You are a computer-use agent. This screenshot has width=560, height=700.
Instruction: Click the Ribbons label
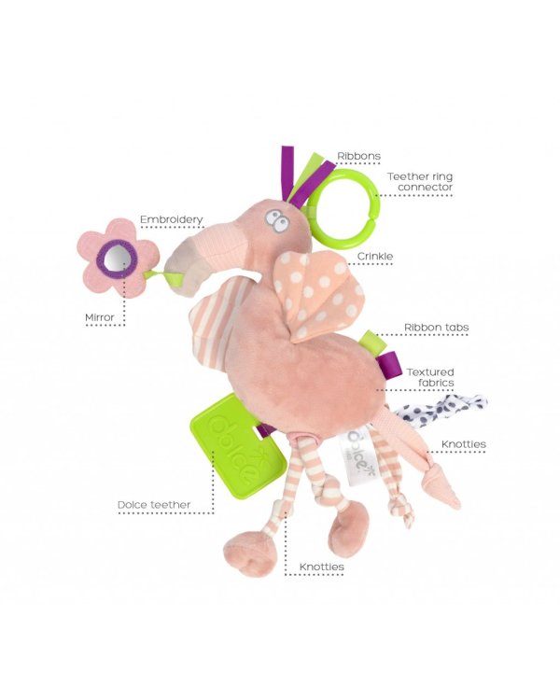[x=358, y=156]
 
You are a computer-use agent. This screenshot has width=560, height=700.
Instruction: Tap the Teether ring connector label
[x=420, y=182]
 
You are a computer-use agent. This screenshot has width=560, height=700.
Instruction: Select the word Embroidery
[x=172, y=219]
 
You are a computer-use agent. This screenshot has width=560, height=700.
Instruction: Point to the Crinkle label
[x=375, y=257]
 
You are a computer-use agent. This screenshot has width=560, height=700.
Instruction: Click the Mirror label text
[x=100, y=317]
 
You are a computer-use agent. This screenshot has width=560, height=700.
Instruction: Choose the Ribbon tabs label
[x=436, y=328]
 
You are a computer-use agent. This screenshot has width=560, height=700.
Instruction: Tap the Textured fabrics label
[x=430, y=377]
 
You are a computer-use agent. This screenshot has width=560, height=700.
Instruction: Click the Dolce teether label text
[x=154, y=505]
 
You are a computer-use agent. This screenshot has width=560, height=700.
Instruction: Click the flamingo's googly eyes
[x=277, y=220]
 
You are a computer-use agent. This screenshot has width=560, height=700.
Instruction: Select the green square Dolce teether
[x=239, y=445]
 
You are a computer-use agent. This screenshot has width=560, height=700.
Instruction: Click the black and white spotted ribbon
[x=441, y=410]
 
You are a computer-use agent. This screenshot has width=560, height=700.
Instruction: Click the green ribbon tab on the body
[x=375, y=343]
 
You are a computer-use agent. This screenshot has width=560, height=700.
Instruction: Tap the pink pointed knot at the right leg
[x=441, y=488]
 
